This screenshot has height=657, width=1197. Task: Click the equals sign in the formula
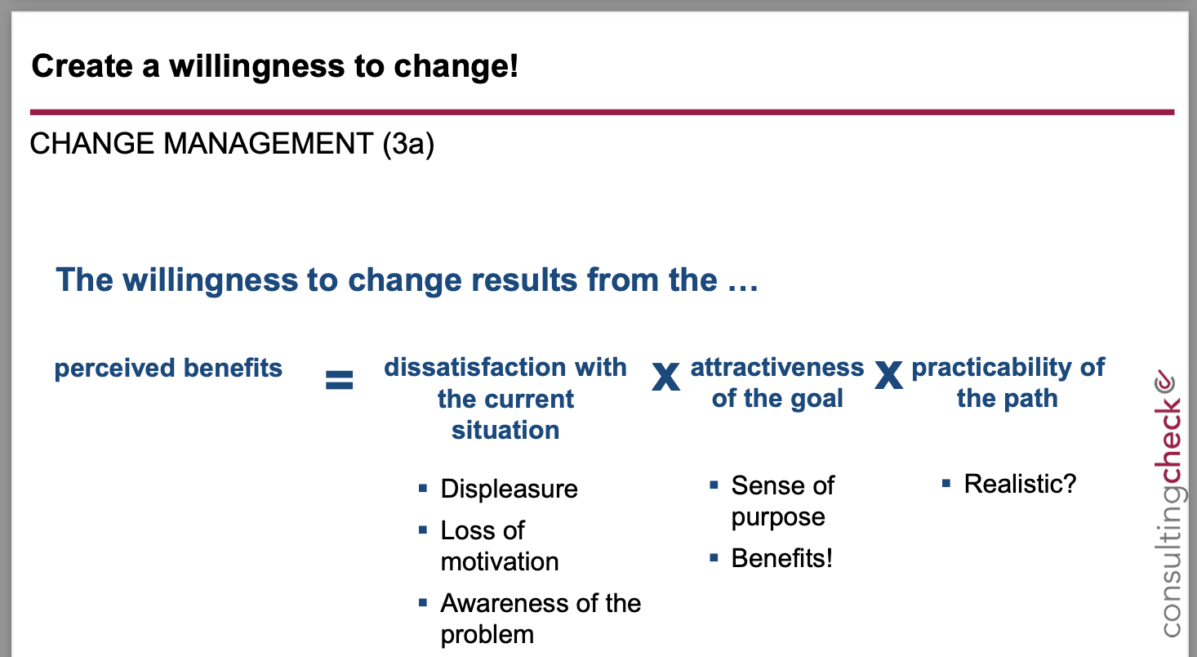coord(340,381)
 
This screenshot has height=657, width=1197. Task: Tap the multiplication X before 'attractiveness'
coord(665,376)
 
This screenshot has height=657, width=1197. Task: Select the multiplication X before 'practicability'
coord(888,375)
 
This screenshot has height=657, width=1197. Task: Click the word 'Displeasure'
coord(509,489)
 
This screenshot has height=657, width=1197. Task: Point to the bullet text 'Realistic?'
coord(1020,484)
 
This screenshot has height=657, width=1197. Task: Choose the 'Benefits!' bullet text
coord(781,558)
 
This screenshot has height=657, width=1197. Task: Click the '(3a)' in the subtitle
coord(408,144)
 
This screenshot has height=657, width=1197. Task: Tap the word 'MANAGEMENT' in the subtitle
coord(269,143)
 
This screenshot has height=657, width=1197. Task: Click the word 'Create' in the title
coord(82,66)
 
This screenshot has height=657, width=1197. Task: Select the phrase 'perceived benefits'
coord(168,369)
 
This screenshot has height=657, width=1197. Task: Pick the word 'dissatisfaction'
coord(475,367)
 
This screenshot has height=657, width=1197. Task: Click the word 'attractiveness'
coord(777,367)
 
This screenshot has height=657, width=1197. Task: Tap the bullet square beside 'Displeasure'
coord(423,488)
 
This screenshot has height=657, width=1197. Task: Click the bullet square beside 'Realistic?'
coord(946,484)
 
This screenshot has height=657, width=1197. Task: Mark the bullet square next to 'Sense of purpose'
coord(714,485)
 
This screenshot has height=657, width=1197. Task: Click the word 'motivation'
coord(500,561)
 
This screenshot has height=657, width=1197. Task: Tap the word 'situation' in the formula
coord(505,430)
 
